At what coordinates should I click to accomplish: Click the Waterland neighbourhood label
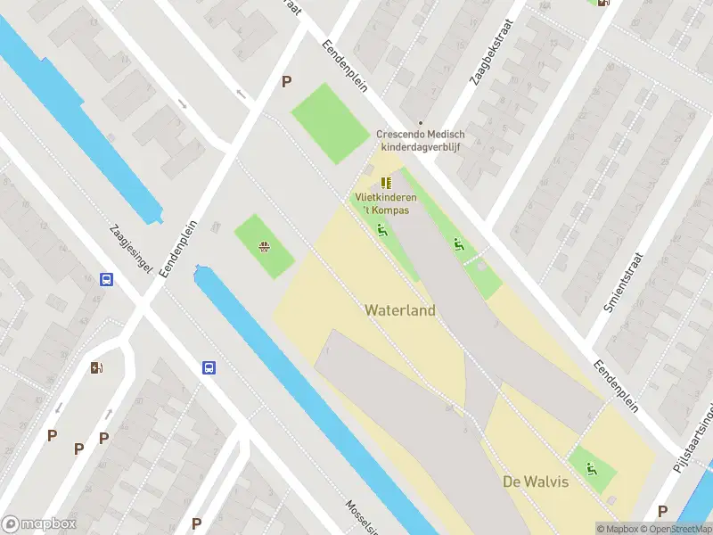[400, 310]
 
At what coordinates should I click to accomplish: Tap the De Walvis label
[536, 481]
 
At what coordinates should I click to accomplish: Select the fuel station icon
[96, 367]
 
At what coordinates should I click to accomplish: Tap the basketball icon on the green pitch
[264, 247]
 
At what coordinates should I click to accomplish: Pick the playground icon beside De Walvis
[591, 468]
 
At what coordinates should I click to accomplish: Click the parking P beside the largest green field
[286, 81]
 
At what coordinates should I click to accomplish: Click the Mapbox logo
[38, 524]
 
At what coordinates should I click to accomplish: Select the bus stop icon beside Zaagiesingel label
[106, 279]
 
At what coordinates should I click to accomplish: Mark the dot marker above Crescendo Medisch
[421, 124]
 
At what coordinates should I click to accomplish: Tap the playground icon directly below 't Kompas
[381, 230]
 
